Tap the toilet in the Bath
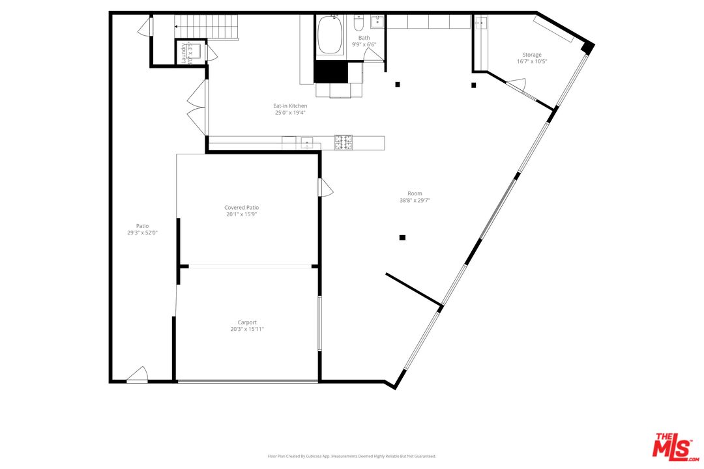(x=358, y=24)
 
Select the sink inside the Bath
(x=377, y=22)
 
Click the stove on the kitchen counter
(x=344, y=142)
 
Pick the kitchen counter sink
(x=306, y=143)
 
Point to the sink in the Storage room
(x=481, y=23)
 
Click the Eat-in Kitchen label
(x=290, y=106)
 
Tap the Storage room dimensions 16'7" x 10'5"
(x=531, y=62)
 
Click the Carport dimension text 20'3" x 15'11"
(x=246, y=329)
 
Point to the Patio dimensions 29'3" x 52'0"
(x=142, y=233)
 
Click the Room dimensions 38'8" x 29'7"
(x=415, y=201)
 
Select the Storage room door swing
(x=518, y=84)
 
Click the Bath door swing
(x=374, y=55)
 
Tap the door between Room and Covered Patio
(x=325, y=188)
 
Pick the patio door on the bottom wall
(x=138, y=375)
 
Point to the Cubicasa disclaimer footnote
(x=351, y=456)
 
